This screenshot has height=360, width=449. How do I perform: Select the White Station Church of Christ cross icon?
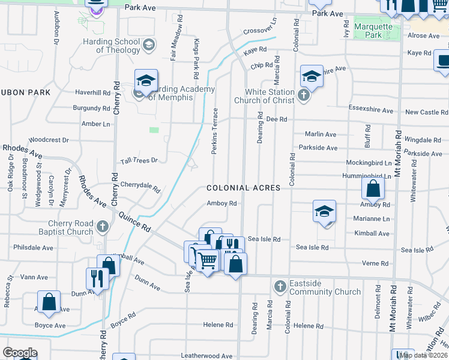click(x=304, y=95)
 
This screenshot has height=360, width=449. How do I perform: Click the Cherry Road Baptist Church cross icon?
click(x=103, y=227)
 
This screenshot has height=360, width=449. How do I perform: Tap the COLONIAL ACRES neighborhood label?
click(x=243, y=188)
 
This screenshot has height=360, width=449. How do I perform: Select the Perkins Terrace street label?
click(x=214, y=131)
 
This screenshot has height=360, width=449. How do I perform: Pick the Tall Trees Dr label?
click(x=138, y=160)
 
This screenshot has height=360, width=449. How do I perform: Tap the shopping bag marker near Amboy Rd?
click(x=373, y=188)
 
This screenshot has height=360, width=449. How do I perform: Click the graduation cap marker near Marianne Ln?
click(x=324, y=212)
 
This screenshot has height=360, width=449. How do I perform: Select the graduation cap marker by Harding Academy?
click(x=146, y=80)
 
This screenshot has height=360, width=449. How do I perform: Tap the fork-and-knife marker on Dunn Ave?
click(x=97, y=278)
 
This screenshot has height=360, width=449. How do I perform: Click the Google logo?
click(x=20, y=353)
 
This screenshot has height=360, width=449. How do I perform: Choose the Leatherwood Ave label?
click(x=206, y=356)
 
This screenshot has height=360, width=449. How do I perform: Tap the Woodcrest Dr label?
click(x=49, y=140)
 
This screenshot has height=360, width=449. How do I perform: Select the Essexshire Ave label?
click(x=370, y=111)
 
